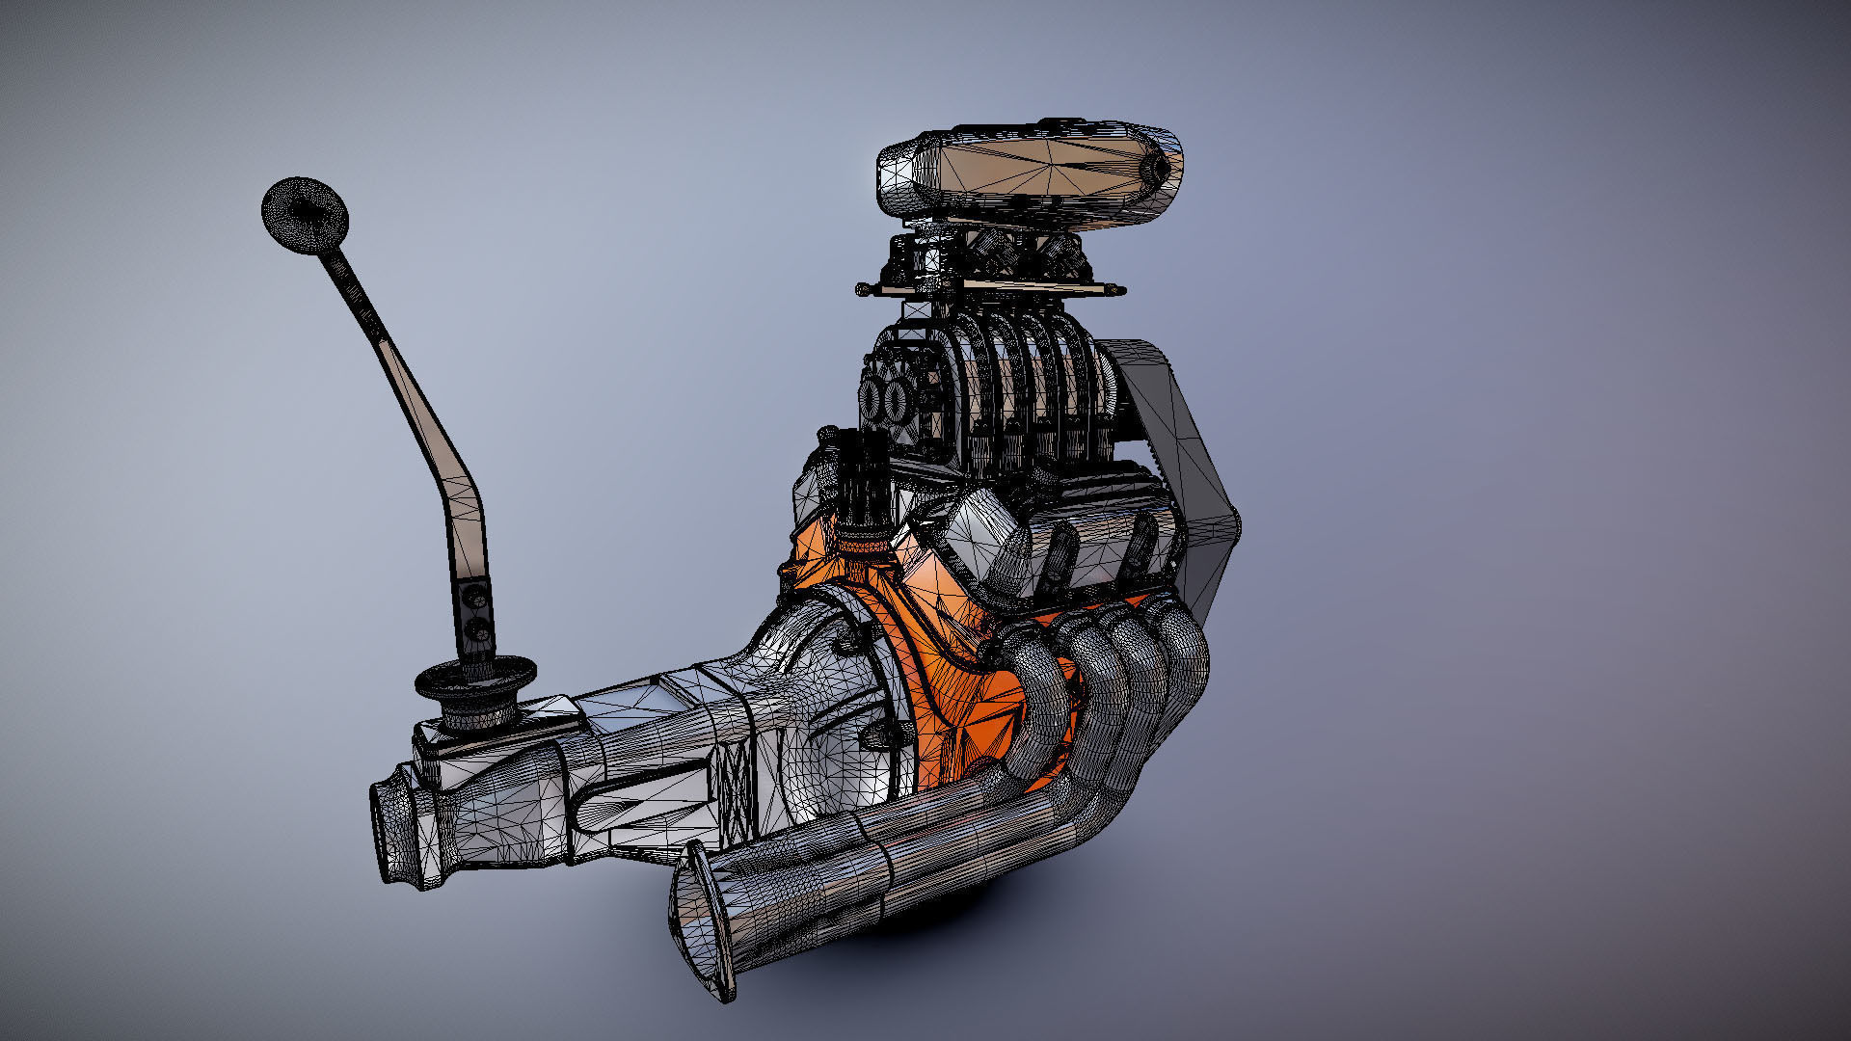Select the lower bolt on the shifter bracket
coord(479,632)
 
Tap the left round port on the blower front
coord(873,398)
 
